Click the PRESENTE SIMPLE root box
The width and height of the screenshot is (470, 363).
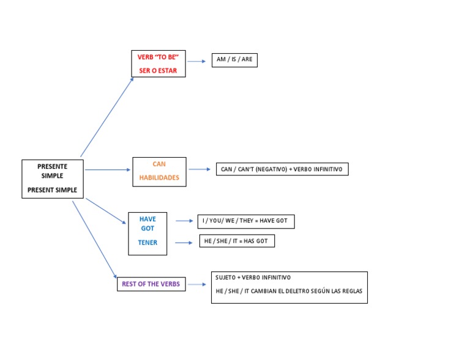click(x=53, y=178)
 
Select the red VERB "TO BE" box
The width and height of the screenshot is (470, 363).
click(x=158, y=64)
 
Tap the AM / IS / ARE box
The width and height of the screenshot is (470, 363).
click(x=234, y=60)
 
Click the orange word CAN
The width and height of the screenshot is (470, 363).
click(x=159, y=164)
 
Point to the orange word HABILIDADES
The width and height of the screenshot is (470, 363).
click(x=159, y=178)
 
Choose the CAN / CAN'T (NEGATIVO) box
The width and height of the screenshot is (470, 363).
click(x=282, y=169)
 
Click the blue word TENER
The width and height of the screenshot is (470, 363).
click(x=147, y=243)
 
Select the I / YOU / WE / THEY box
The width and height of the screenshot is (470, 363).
click(x=246, y=221)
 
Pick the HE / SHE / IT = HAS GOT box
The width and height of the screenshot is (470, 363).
click(x=237, y=241)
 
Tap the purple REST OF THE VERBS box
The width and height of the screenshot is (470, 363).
click(x=151, y=284)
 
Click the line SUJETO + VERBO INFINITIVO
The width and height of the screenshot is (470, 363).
click(x=253, y=277)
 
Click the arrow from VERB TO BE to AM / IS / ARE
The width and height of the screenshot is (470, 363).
click(x=196, y=61)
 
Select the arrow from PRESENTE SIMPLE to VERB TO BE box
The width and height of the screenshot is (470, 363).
click(x=107, y=116)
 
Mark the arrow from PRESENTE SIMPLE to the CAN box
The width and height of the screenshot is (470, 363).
click(x=108, y=169)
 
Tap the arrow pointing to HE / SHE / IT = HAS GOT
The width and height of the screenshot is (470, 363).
click(x=184, y=243)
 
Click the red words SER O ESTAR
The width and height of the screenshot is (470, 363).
click(x=158, y=70)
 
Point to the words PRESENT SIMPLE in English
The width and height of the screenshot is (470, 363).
click(x=53, y=190)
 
